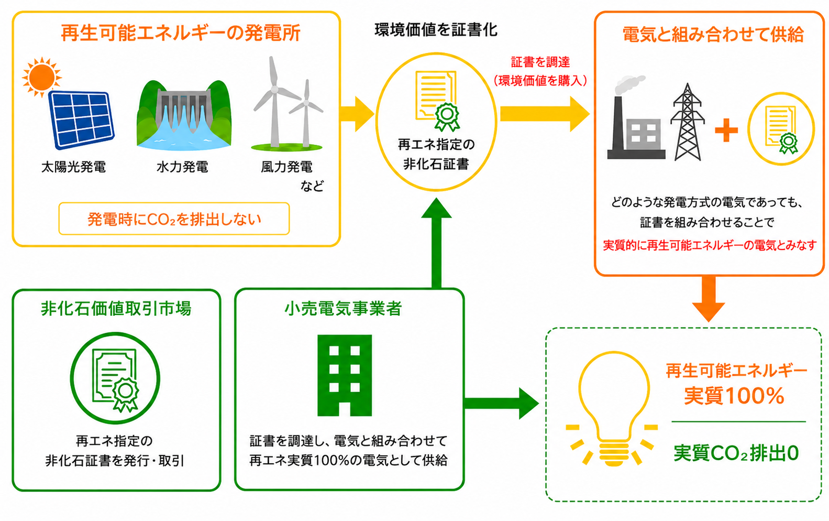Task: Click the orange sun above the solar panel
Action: (41, 77)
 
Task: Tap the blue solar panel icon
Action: (81, 120)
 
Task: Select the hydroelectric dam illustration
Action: (184, 115)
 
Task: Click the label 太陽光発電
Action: (73, 167)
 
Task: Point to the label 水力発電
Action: (182, 167)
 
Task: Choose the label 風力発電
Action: (287, 167)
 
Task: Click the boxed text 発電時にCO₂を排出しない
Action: (174, 219)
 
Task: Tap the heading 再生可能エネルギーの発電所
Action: (181, 34)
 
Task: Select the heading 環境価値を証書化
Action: (436, 30)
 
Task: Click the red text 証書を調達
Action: (540, 62)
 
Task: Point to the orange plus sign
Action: (726, 131)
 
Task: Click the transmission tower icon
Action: (688, 122)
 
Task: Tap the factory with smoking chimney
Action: (635, 118)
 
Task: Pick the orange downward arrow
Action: (709, 299)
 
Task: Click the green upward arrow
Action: (436, 243)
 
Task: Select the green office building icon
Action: (345, 375)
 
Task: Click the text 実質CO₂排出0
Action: (736, 453)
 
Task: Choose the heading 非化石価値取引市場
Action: (116, 308)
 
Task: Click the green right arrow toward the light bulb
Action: (502, 404)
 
